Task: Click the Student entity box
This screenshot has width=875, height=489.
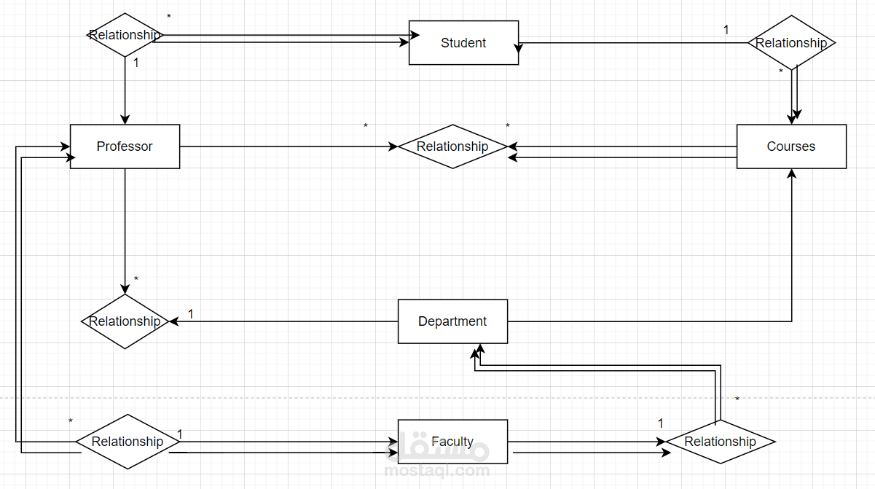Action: tap(463, 43)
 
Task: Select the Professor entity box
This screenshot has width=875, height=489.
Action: tap(125, 146)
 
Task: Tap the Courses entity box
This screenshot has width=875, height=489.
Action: tap(791, 146)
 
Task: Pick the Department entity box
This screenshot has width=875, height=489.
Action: tap(452, 321)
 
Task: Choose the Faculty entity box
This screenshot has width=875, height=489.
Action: tap(452, 442)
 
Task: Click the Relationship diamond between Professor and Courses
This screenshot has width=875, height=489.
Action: tap(452, 146)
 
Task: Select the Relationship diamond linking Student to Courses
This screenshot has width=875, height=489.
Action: tap(791, 43)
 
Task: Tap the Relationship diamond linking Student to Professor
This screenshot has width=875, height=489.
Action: tap(125, 35)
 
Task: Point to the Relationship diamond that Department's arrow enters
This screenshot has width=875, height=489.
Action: tap(125, 321)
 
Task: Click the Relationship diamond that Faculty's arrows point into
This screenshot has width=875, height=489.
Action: tap(720, 442)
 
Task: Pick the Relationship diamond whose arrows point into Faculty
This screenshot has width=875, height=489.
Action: tap(127, 442)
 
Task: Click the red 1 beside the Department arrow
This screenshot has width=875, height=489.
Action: tap(191, 314)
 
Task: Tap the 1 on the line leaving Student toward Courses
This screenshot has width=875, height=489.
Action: tap(726, 30)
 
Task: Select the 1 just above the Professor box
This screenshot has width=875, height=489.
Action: tap(136, 63)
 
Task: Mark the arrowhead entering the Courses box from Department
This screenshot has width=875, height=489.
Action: tap(791, 174)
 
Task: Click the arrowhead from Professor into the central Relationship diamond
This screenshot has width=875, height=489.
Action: tap(393, 146)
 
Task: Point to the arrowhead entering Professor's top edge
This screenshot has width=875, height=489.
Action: tap(125, 120)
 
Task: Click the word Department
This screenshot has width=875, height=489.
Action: tap(452, 321)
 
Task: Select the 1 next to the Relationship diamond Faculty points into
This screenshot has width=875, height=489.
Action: tap(661, 423)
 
